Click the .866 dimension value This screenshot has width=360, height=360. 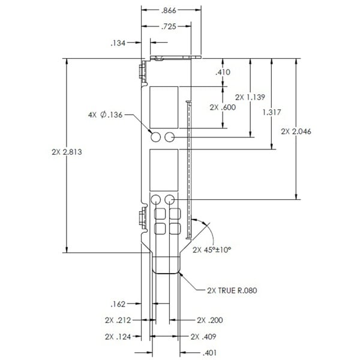(169, 11)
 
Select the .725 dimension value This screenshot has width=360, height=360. (169, 26)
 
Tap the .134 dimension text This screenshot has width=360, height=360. (118, 43)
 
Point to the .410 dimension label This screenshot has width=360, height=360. (223, 72)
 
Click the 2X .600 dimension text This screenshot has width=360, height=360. (223, 107)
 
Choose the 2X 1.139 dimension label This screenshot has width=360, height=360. (250, 97)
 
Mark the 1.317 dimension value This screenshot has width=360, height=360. (272, 112)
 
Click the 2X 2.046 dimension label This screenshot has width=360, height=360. (296, 131)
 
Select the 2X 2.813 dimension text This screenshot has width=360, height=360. (67, 152)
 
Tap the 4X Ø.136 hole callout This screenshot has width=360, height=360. (106, 115)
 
